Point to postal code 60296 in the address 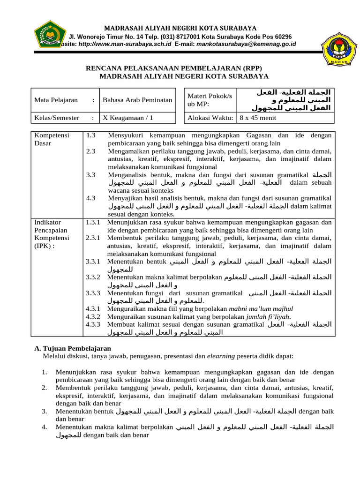283,37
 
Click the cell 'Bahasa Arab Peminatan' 137,100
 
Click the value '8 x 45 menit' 257,118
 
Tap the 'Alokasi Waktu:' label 210,118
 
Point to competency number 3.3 91,174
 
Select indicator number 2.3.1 93,238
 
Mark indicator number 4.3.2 93,316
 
